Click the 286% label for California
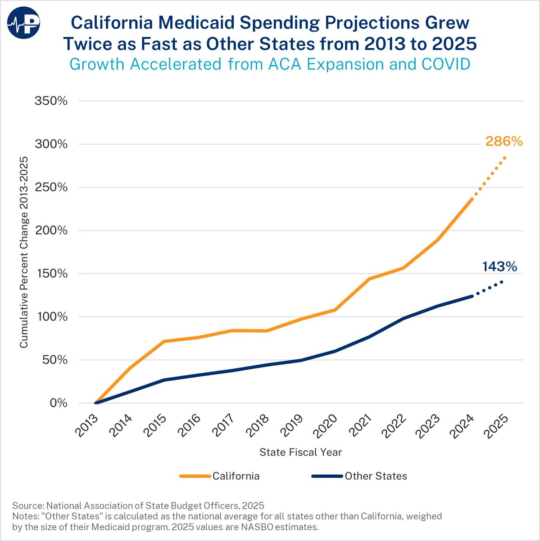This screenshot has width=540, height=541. pyautogui.click(x=504, y=142)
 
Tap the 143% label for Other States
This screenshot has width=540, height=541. pyautogui.click(x=499, y=267)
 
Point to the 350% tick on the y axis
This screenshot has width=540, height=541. pyautogui.click(x=51, y=101)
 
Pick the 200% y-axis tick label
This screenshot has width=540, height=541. pyautogui.click(x=51, y=230)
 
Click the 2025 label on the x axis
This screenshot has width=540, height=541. pyautogui.click(x=497, y=425)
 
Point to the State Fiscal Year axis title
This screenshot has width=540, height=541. pyautogui.click(x=300, y=452)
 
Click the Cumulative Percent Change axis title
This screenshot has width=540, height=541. pyautogui.click(x=24, y=252)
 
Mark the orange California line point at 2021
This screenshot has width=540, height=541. pyautogui.click(x=370, y=279)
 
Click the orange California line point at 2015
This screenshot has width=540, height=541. pyautogui.click(x=164, y=341)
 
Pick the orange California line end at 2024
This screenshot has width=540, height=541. pyautogui.click(x=472, y=198)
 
